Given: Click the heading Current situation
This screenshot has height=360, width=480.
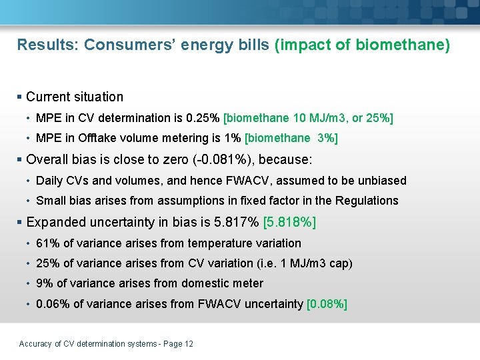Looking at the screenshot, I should click(x=75, y=97).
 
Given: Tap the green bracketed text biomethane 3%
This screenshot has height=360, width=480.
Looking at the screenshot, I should click(x=292, y=138).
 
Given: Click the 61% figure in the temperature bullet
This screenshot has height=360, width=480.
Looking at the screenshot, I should click(x=47, y=243).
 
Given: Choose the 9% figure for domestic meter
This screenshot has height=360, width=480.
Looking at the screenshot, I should click(x=44, y=283).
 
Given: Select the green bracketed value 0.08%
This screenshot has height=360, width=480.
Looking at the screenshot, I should click(x=327, y=304).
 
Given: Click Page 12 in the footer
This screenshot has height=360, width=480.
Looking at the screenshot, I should click(x=178, y=344).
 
